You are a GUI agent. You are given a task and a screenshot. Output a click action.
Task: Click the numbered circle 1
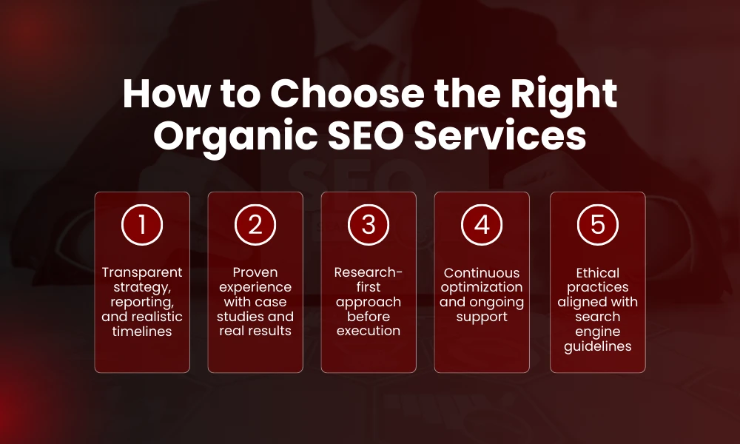tap(142, 225)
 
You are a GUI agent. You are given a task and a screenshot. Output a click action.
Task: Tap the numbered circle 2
tap(255, 225)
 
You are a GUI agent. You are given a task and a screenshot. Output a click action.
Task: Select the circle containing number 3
tap(369, 225)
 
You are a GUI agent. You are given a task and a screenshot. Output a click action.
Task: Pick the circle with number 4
tap(482, 225)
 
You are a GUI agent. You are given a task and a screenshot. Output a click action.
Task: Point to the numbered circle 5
tap(597, 225)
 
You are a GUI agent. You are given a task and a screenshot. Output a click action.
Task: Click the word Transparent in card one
tap(142, 272)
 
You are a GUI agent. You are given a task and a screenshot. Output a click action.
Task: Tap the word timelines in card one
tap(142, 332)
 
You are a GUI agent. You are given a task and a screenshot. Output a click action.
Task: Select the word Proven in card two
tap(255, 272)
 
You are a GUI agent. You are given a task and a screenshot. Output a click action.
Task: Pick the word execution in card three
tap(369, 331)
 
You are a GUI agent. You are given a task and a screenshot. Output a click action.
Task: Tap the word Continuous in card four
tap(482, 272)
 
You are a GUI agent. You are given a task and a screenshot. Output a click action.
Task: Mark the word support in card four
tap(482, 317)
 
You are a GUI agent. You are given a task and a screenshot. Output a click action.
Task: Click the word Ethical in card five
tap(597, 272)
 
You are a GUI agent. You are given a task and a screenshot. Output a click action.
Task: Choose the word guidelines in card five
tap(597, 346)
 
